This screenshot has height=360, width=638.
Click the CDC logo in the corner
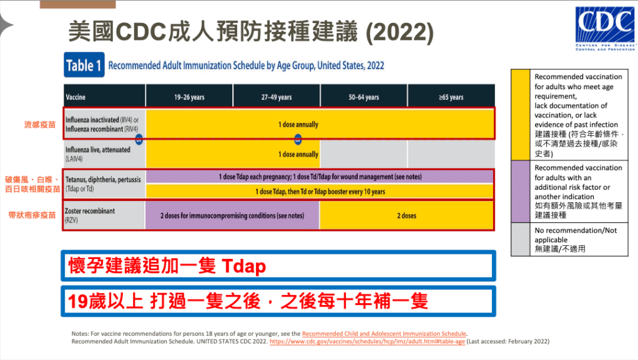pyautogui.click(x=605, y=29)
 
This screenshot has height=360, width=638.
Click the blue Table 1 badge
pyautogui.click(x=84, y=65)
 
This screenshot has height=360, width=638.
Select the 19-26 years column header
pyautogui.click(x=189, y=97)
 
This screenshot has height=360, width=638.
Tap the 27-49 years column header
pyautogui.click(x=277, y=97)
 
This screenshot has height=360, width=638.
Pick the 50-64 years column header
pyautogui.click(x=364, y=97)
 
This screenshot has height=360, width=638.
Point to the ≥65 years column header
pyautogui.click(x=451, y=97)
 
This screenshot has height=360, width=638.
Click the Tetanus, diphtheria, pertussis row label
pyautogui.click(x=103, y=184)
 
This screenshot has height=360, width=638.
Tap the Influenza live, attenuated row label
pyautogui.click(x=97, y=154)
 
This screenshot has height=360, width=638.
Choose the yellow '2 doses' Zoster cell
pyautogui.click(x=406, y=216)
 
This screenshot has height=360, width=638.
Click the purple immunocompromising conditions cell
pyautogui.click(x=232, y=216)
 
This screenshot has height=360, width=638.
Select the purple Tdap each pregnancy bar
pyautogui.click(x=320, y=177)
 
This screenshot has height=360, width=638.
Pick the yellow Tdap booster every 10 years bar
pyautogui.click(x=320, y=192)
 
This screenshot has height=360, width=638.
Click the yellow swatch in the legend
pyautogui.click(x=521, y=115)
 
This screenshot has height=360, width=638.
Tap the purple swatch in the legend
pyautogui.click(x=521, y=191)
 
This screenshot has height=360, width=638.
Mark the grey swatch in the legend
pyautogui.click(x=521, y=239)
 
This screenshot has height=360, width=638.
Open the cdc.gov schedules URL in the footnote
pyautogui.click(x=367, y=341)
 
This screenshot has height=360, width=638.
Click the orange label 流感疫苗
pyautogui.click(x=40, y=125)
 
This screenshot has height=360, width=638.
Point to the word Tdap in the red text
pyautogui.click(x=244, y=266)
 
